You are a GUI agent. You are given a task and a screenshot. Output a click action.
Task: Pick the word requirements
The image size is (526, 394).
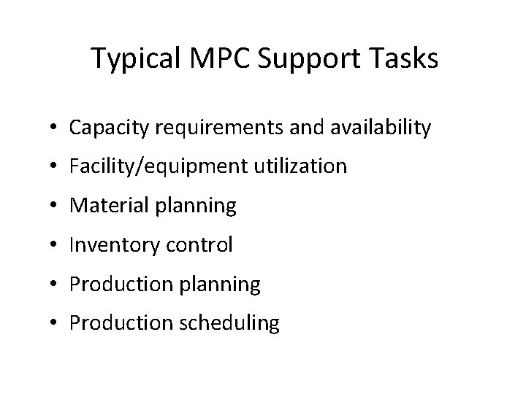[x=216, y=128]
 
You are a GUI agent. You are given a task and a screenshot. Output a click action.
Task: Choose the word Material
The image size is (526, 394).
[x=109, y=206]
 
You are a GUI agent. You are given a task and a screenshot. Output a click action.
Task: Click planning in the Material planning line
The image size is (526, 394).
[x=195, y=206]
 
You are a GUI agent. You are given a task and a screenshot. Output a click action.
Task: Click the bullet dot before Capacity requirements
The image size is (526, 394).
[x=56, y=129]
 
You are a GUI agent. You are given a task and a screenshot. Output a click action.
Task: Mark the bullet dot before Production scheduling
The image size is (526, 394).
[x=56, y=323]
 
